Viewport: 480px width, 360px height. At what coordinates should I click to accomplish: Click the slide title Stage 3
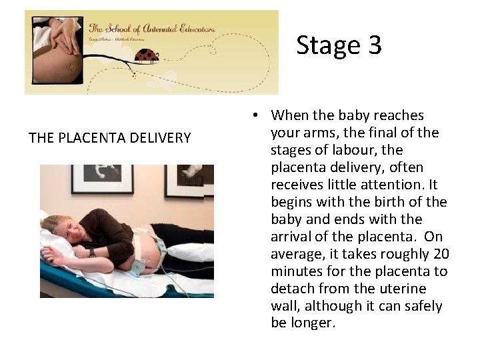[339, 45]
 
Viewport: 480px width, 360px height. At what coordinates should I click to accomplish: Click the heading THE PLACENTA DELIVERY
[109, 138]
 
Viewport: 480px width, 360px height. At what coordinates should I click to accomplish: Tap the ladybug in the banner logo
[147, 55]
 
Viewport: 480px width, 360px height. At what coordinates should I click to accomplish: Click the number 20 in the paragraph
[441, 255]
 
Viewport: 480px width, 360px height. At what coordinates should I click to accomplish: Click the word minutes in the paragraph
[294, 272]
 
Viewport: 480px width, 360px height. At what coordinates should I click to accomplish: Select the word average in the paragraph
[295, 255]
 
